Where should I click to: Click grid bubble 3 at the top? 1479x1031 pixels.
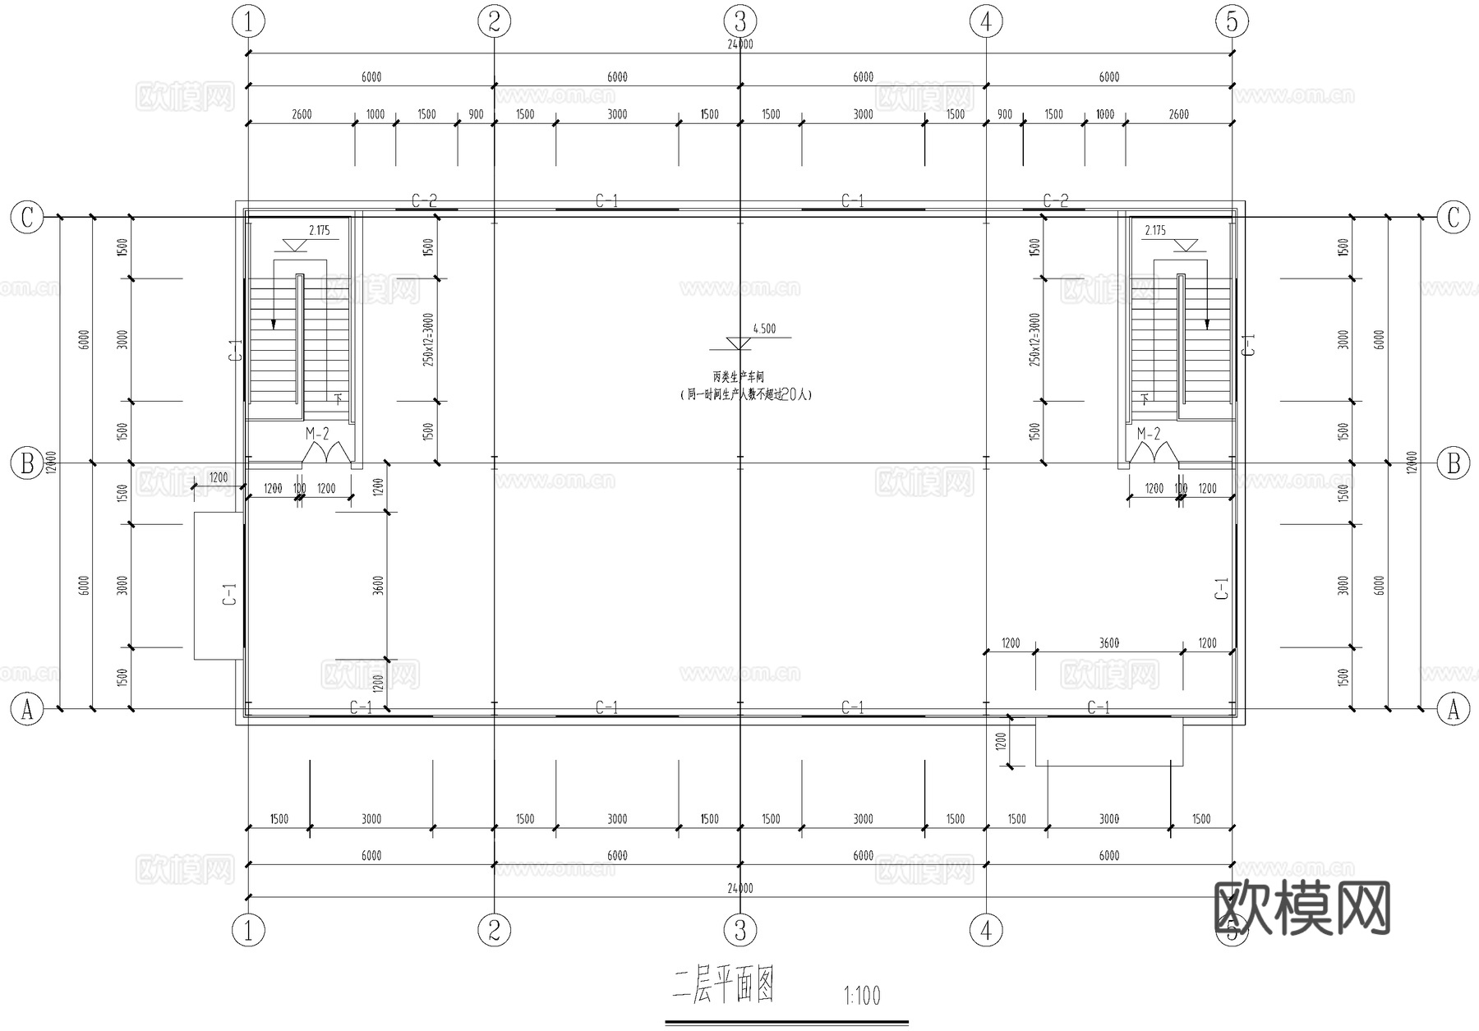tap(739, 21)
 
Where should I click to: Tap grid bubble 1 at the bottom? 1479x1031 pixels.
tap(248, 931)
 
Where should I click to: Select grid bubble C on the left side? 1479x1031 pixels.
tap(26, 218)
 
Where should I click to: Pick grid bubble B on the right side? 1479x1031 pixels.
tap(1453, 463)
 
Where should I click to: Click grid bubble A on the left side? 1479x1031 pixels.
tap(26, 709)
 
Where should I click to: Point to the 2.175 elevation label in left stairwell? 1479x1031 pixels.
tap(319, 231)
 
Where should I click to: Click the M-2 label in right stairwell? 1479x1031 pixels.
tap(1149, 434)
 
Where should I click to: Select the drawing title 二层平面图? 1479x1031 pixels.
tap(723, 986)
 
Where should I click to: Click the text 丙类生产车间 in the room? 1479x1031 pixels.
tap(738, 377)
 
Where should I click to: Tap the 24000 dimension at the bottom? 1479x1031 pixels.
tap(739, 889)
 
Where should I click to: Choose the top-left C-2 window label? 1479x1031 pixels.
tap(424, 200)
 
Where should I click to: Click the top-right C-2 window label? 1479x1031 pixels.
tap(1055, 200)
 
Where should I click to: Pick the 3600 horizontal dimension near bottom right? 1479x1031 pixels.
tap(1108, 643)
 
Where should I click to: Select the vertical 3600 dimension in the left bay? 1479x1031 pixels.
tap(378, 586)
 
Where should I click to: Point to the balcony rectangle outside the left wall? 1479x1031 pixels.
tap(218, 586)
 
